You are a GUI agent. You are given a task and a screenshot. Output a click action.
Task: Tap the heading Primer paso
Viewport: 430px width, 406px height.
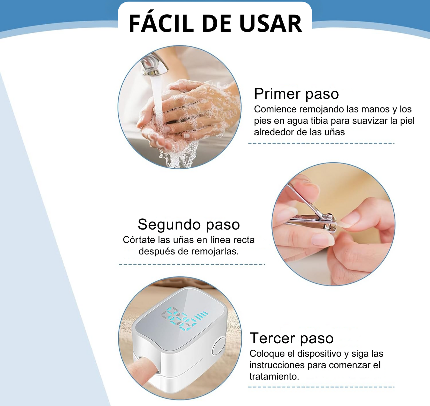pyautogui.click(x=296, y=94)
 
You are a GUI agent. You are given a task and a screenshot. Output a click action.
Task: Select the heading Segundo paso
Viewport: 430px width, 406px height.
pyautogui.click(x=189, y=225)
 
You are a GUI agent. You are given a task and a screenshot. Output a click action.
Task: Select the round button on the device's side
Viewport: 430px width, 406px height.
pyautogui.click(x=219, y=347)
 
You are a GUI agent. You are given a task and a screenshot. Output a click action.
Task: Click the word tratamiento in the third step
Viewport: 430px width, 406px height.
pyautogui.click(x=274, y=377)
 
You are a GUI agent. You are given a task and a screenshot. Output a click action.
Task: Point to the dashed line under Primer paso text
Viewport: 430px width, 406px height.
pyautogui.click(x=321, y=143)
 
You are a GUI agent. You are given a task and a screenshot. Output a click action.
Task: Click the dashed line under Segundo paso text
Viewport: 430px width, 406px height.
pyautogui.click(x=192, y=264)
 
